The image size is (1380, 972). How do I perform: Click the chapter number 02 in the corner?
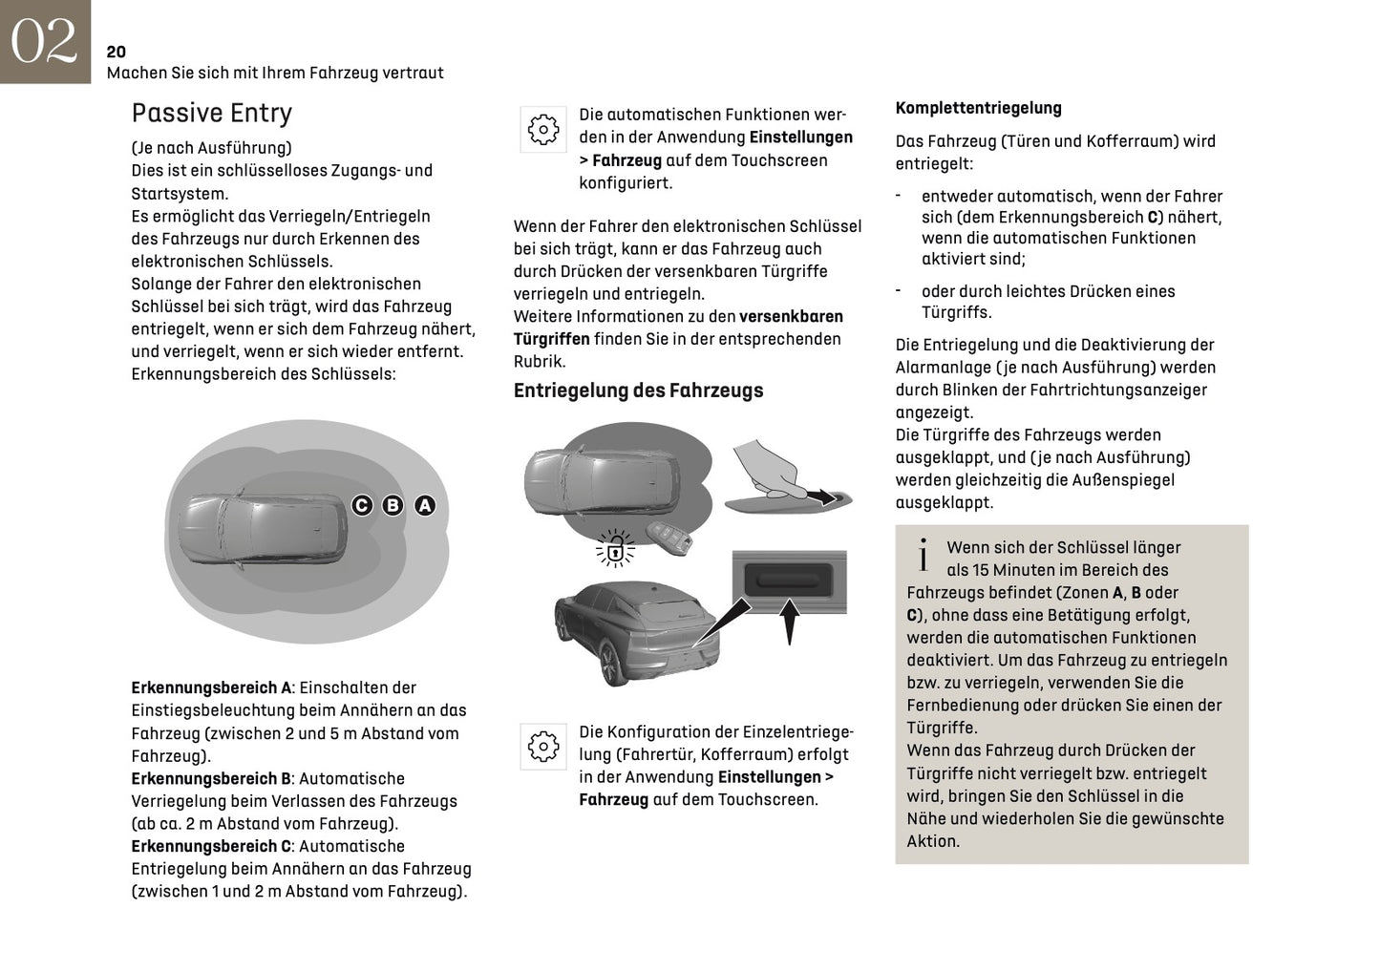43,41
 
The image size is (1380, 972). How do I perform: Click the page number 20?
116,52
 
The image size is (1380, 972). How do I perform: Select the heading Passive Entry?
211,113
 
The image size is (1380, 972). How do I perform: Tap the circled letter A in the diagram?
425,505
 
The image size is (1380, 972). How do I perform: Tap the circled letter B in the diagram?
393,505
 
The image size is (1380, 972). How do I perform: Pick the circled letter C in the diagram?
362,505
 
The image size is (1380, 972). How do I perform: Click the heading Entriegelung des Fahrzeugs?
638,391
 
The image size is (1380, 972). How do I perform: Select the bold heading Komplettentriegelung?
978,108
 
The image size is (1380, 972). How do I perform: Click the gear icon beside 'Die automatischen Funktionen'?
543,129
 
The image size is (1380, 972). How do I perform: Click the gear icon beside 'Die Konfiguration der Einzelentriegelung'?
543,746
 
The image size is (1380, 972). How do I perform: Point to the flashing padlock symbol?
616,548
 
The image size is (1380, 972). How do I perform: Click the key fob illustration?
668,539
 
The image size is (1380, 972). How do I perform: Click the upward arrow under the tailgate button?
789,620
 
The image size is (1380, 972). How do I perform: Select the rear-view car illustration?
635,631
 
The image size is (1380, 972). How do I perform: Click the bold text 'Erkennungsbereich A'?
211,687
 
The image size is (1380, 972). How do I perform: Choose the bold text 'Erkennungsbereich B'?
211,778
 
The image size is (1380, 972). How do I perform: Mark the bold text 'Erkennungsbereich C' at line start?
211,846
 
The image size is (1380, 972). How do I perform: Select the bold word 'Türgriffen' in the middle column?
551,339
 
